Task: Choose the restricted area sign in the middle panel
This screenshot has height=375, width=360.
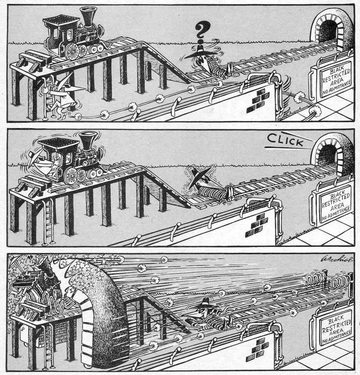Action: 331,204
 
